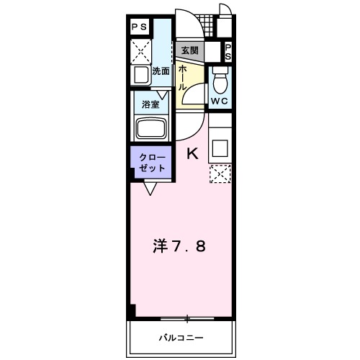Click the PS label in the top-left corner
pyautogui.click(x=140, y=27)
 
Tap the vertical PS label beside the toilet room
pyautogui.click(x=228, y=51)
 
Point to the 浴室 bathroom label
pyautogui.click(x=150, y=104)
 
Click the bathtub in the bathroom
pyautogui.click(x=150, y=129)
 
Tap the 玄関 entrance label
pyautogui.click(x=191, y=51)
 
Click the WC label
pyautogui.click(x=219, y=101)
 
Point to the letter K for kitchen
pyautogui.click(x=192, y=153)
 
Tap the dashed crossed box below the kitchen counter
pyautogui.click(x=220, y=175)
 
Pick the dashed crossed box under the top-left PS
pyautogui.click(x=140, y=50)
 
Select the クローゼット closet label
pyautogui.click(x=152, y=162)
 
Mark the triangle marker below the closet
pyautogui.click(x=150, y=189)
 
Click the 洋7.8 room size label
pyautogui.click(x=181, y=247)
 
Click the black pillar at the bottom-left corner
pyautogui.click(x=132, y=311)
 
